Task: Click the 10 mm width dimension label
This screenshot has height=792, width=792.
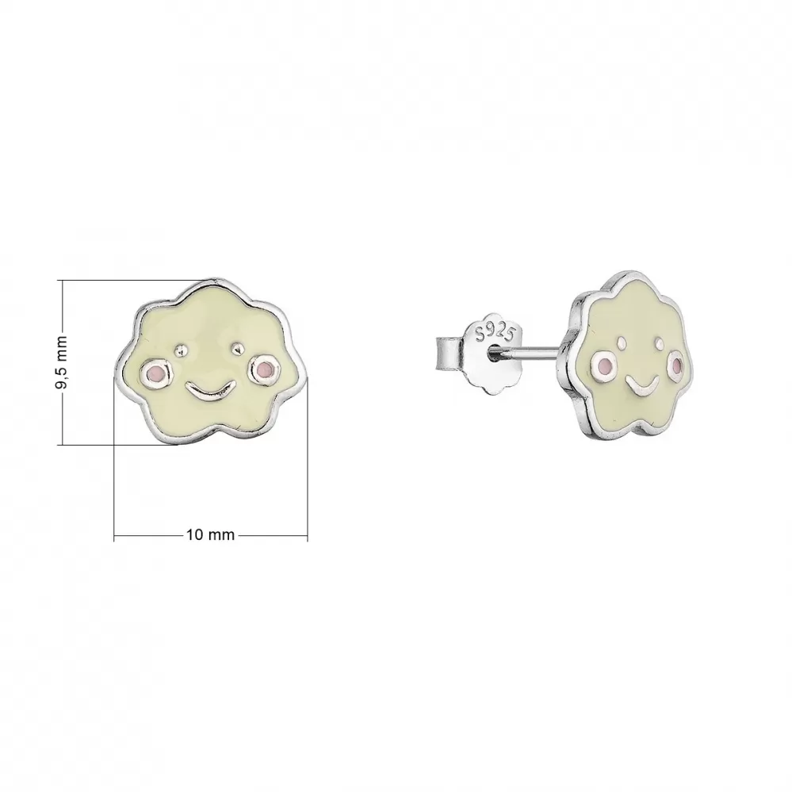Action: (211, 535)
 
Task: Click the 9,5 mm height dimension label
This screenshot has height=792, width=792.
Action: (63, 362)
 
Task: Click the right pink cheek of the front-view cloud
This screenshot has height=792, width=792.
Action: (262, 369)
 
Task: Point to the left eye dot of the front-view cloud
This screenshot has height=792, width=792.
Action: (179, 349)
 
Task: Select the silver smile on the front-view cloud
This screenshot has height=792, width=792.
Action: (209, 391)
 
